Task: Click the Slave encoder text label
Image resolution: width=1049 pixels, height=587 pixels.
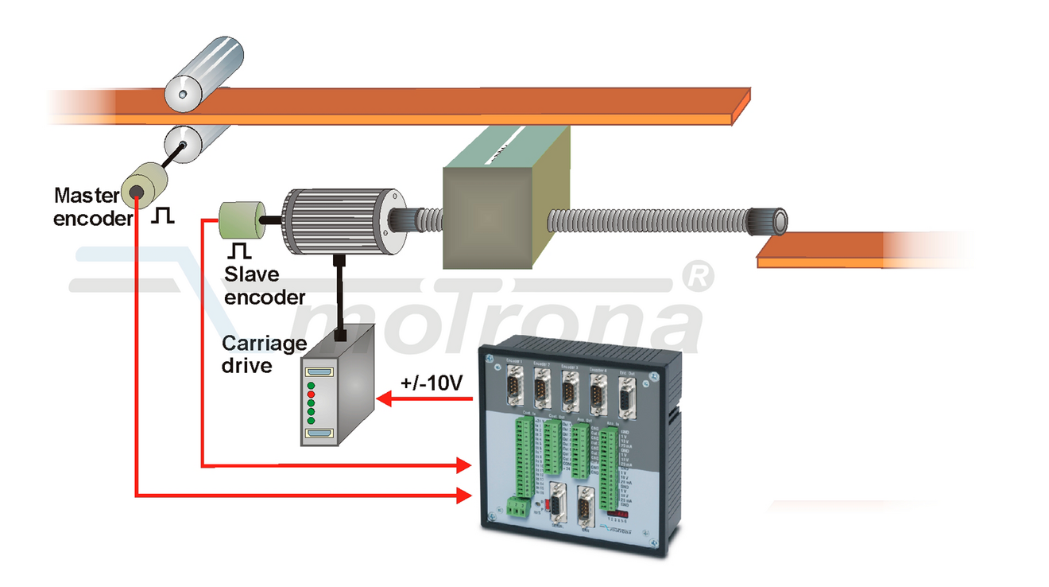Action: tap(264, 286)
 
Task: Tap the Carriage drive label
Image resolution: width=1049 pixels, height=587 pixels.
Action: tap(264, 355)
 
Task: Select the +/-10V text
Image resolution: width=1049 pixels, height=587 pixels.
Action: tap(432, 383)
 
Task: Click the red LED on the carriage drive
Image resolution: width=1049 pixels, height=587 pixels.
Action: tap(312, 395)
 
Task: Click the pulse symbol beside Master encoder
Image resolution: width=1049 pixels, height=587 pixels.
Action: tap(163, 215)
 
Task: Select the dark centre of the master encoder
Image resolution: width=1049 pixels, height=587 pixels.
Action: tap(137, 191)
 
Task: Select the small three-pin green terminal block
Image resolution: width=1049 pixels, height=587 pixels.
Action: tap(517, 507)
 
